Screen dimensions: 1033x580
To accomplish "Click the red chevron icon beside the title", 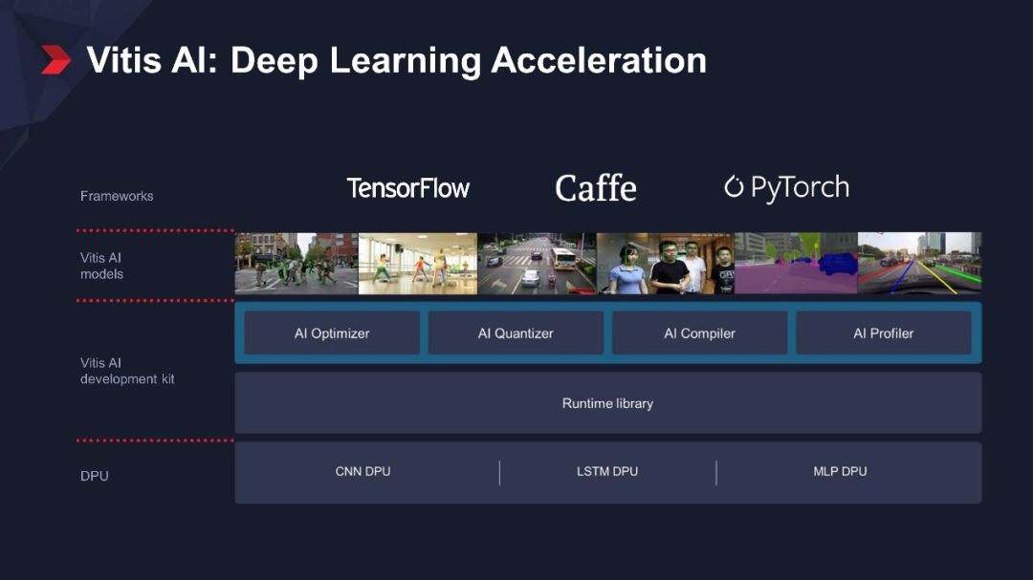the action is (x=56, y=60).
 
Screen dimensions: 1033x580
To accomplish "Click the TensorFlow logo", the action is (x=408, y=188).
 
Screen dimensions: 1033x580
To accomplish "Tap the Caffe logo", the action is (x=596, y=188).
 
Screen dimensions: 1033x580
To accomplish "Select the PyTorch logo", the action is (x=787, y=187).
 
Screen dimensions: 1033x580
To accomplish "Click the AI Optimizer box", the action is (x=332, y=333).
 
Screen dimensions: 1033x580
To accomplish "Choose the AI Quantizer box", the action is (x=516, y=333).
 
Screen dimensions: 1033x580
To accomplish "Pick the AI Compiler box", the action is (x=699, y=333).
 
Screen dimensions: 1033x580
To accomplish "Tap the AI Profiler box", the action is (x=883, y=333).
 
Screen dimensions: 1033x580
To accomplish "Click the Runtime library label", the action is (x=607, y=403).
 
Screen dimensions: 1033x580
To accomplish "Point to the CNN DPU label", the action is (x=363, y=471).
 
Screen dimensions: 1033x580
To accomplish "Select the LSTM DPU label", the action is (x=607, y=471).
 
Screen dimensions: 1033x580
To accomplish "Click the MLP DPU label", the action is (x=840, y=471).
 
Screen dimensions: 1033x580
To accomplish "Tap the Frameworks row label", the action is (x=117, y=196).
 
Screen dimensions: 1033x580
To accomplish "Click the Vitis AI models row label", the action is (x=101, y=266).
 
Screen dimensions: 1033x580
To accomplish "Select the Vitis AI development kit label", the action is (x=127, y=371).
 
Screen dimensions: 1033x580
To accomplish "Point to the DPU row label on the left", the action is (x=95, y=476).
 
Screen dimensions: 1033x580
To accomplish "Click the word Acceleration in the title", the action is (x=599, y=60).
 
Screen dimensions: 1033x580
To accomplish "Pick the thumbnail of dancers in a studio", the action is (x=417, y=263).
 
